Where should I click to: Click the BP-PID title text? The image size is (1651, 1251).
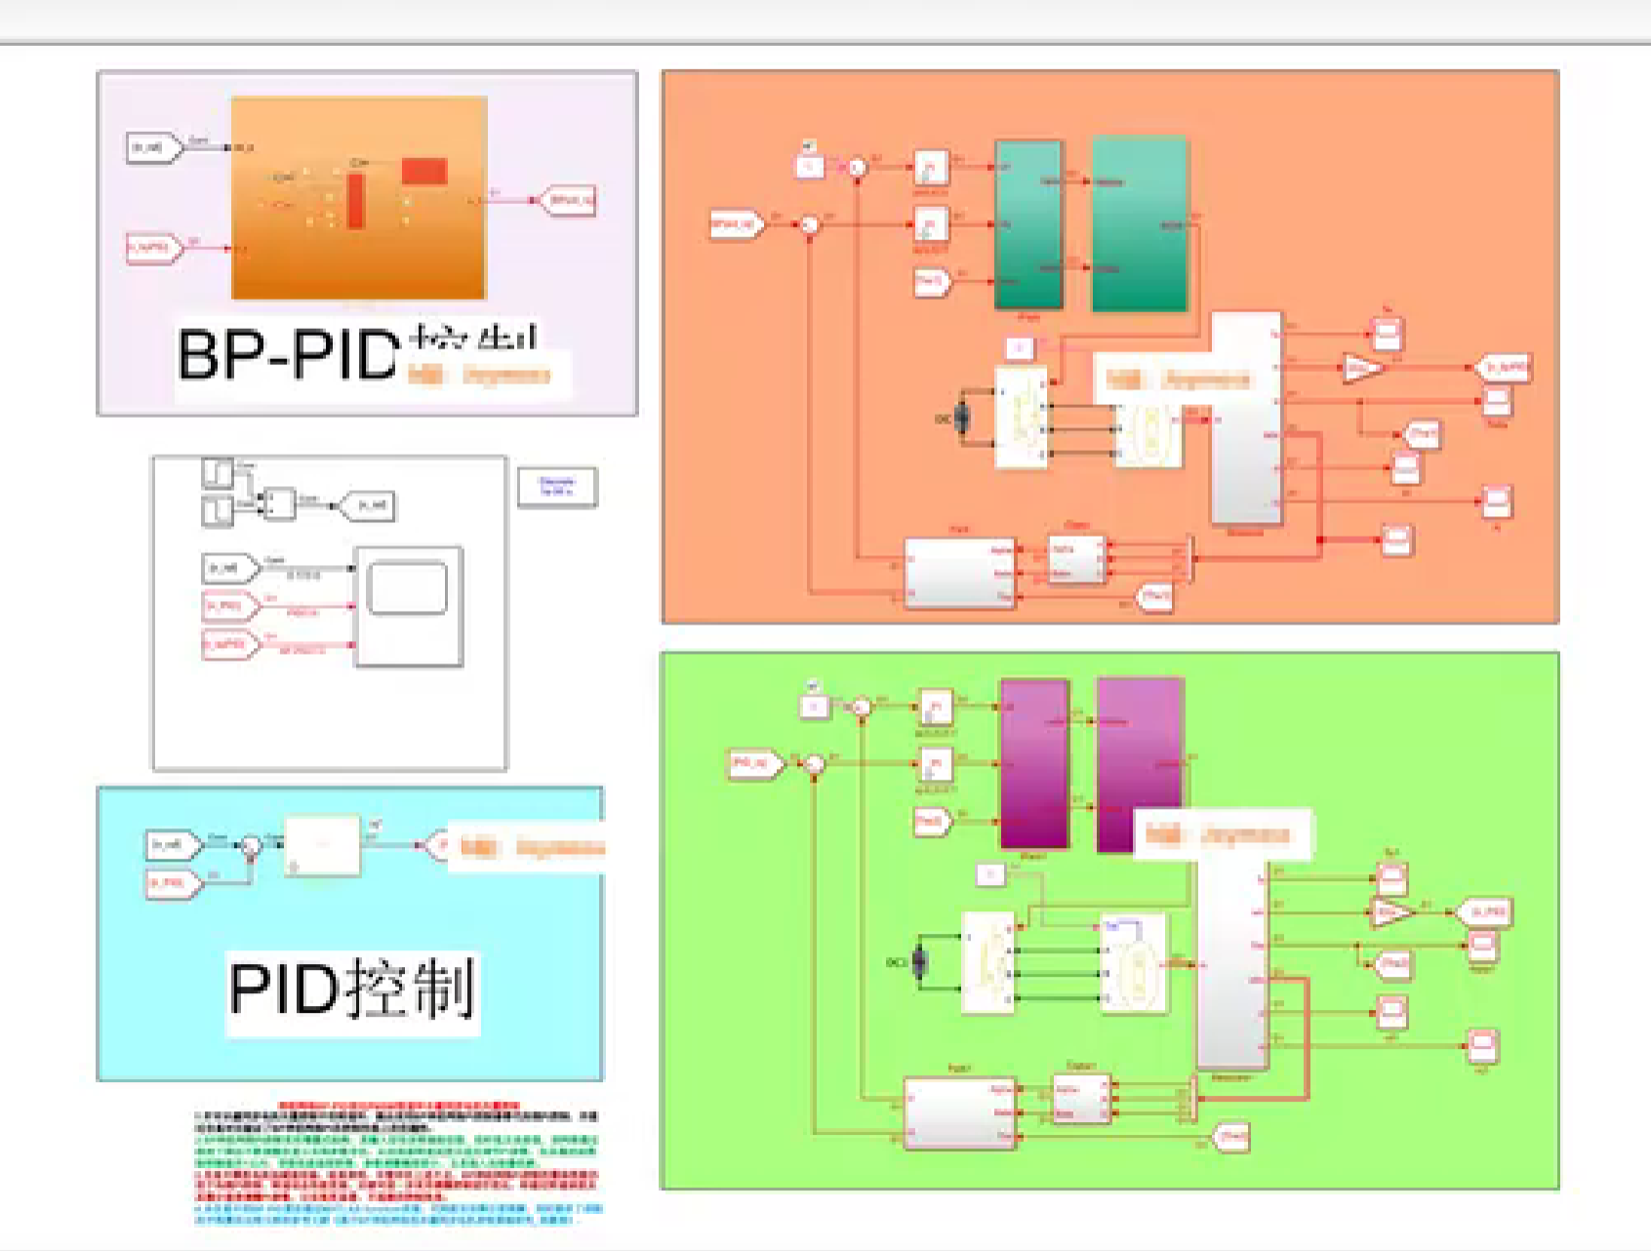(289, 355)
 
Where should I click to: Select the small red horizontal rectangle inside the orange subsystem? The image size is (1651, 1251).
(424, 171)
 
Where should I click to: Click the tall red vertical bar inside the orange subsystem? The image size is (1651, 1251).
(356, 201)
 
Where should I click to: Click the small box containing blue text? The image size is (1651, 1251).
(556, 487)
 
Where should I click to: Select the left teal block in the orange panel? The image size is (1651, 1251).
(1027, 224)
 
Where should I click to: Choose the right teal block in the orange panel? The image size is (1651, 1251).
(1139, 224)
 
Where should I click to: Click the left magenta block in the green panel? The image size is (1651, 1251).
(1034, 763)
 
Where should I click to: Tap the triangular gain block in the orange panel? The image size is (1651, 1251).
(1362, 368)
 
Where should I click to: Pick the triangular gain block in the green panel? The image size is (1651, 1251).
(1390, 912)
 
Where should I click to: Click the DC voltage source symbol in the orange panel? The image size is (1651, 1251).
(962, 419)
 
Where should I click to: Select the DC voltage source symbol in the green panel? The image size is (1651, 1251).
(918, 962)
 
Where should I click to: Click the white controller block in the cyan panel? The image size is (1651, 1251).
(323, 844)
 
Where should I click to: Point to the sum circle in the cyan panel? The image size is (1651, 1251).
(251, 845)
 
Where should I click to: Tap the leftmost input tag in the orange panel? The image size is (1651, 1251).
(737, 224)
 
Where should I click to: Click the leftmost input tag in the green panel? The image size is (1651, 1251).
(755, 763)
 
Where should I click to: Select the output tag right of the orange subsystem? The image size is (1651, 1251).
(569, 201)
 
